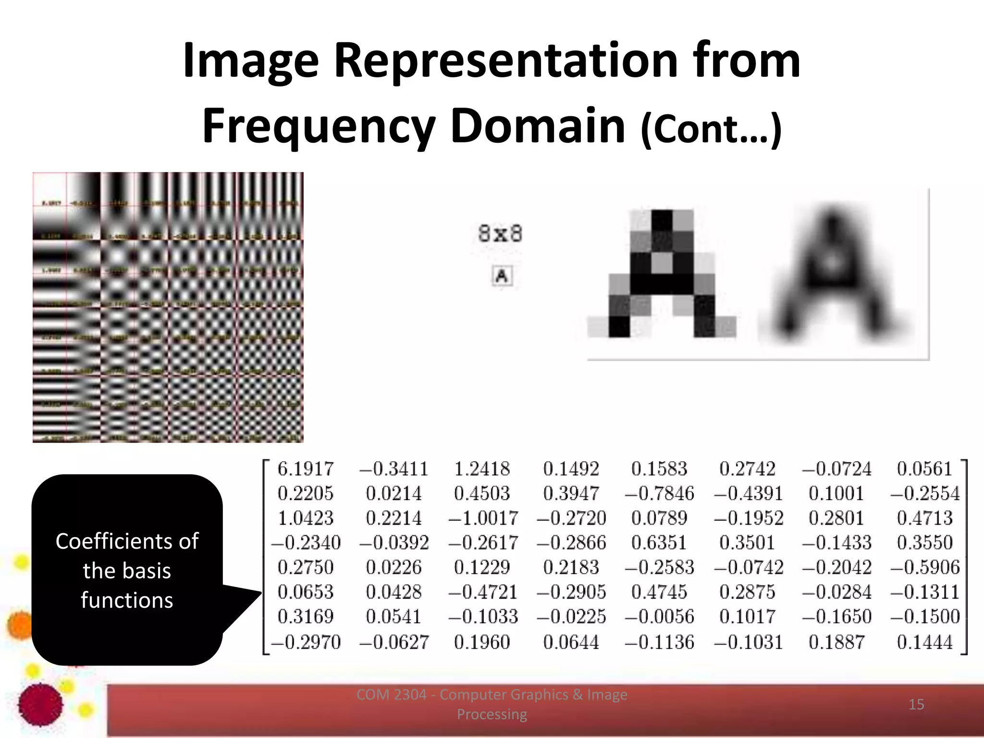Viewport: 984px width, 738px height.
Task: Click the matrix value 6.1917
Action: [306, 469]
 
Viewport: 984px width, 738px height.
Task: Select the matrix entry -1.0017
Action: [483, 518]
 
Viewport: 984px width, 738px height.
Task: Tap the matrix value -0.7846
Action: [659, 493]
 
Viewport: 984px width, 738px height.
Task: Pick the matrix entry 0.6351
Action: [659, 543]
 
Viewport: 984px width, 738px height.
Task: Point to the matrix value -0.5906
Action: [925, 567]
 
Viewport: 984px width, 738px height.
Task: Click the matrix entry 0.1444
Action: [925, 642]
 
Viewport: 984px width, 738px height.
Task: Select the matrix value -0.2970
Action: [306, 642]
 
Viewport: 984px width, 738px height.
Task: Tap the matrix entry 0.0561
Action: [925, 469]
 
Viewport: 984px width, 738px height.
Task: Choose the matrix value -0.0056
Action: [659, 617]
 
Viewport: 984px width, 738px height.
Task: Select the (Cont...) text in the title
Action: [712, 129]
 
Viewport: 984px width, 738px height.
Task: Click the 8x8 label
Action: [500, 234]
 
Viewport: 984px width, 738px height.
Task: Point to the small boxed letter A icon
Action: [502, 276]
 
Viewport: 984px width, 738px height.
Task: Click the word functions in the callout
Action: [127, 601]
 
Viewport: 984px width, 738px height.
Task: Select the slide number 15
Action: [916, 704]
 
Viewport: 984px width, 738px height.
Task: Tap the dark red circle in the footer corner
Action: [40, 704]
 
